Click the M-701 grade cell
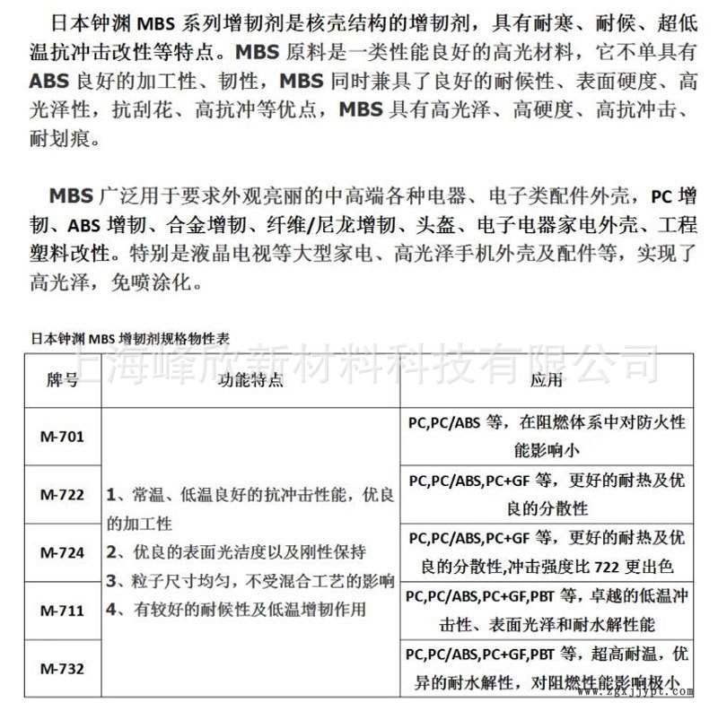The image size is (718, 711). (62, 438)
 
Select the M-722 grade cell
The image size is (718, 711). (62, 495)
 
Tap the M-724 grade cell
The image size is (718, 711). (62, 552)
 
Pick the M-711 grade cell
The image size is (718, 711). (62, 611)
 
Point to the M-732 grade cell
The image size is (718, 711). (62, 668)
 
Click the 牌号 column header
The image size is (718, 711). (62, 381)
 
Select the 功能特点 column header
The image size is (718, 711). (250, 381)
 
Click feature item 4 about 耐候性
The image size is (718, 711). (235, 611)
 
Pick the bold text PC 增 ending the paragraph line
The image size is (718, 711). (673, 195)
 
